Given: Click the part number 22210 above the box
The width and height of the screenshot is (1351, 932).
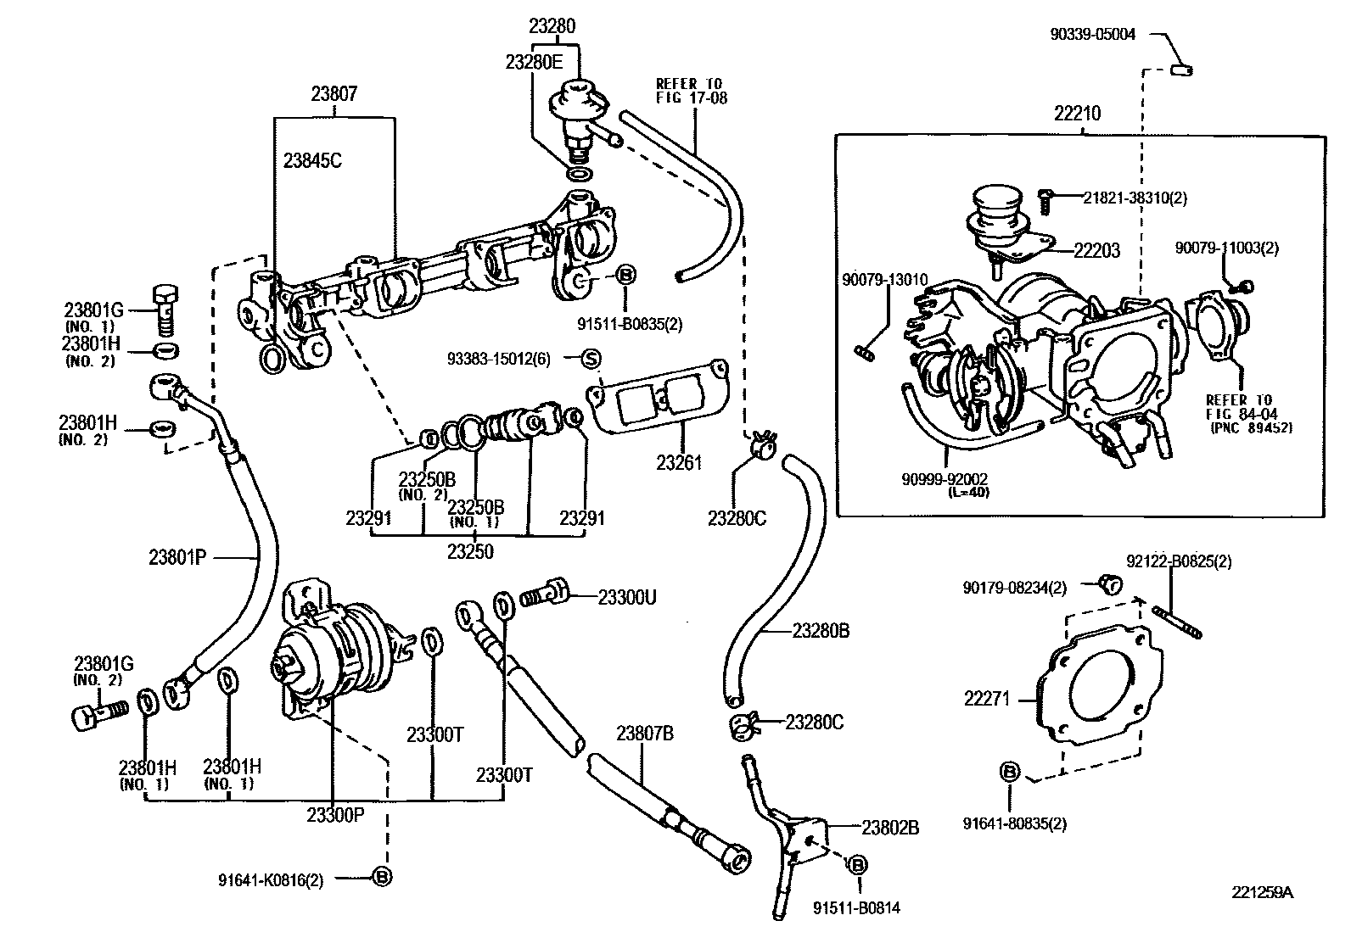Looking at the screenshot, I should click(1078, 113).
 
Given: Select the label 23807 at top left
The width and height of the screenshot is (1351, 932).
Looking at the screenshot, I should click(334, 94).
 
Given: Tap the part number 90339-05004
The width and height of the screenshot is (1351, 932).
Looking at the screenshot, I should click(1092, 35).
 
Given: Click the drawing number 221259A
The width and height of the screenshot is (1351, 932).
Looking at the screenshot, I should click(1263, 892).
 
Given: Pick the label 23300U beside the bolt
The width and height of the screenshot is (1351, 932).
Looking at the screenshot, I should click(626, 596).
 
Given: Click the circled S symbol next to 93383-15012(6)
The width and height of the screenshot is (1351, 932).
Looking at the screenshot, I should click(591, 359).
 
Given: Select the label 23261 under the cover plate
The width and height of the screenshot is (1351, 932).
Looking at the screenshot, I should click(679, 462).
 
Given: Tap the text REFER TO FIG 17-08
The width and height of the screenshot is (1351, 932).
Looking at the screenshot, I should click(691, 91).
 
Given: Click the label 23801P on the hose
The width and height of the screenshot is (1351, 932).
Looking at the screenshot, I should click(177, 557).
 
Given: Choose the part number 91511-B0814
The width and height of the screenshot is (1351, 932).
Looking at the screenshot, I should click(856, 908).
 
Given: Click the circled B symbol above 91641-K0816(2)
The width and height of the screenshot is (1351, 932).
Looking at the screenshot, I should click(383, 878).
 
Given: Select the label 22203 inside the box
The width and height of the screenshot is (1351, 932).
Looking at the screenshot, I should click(1096, 250).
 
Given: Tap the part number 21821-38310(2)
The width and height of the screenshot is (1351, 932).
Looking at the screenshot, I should click(1135, 198).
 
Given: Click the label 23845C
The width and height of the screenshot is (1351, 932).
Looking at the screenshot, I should click(312, 160).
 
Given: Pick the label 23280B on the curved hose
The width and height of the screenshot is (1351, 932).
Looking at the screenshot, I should click(821, 631).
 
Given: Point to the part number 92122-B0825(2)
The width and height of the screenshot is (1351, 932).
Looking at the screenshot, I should click(1180, 561).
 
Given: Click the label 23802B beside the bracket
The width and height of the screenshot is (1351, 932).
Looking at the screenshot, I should click(890, 828).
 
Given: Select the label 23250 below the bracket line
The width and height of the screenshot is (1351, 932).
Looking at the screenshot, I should click(471, 552).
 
